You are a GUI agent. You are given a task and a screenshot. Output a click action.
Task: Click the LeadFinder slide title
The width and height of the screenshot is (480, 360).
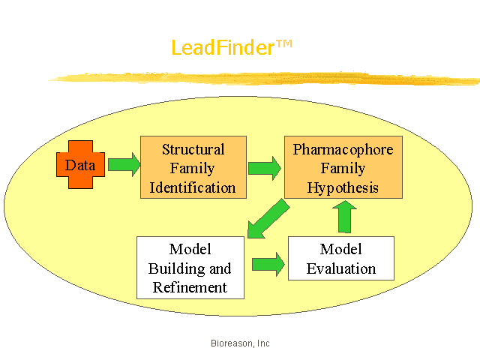[232, 48]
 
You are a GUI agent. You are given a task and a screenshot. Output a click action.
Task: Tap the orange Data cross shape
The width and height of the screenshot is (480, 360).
[80, 165]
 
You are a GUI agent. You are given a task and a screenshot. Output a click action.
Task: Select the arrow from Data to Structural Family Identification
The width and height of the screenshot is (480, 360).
[124, 165]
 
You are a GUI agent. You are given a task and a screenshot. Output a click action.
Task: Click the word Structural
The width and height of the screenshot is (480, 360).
[193, 149]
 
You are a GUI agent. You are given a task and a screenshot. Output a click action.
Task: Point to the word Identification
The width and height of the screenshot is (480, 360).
[193, 187]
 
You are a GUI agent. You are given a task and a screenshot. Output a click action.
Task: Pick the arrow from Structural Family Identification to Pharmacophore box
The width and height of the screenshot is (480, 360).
[265, 168]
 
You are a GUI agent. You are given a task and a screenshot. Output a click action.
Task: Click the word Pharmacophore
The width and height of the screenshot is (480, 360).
[343, 150]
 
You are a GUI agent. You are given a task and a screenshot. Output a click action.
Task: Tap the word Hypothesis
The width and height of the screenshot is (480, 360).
[343, 187]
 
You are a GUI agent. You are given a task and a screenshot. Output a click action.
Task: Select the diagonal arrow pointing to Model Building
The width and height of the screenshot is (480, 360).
[268, 218]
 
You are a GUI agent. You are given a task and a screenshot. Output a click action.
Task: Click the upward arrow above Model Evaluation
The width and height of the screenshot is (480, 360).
[345, 217]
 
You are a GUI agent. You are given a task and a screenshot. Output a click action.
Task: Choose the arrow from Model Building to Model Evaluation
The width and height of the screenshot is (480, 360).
[268, 264]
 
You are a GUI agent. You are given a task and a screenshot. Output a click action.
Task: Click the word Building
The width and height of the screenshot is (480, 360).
[176, 269]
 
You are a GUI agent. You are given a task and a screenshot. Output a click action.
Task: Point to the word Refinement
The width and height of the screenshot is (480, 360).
[190, 287]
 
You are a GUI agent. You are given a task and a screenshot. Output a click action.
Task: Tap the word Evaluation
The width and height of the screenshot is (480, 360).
[341, 268]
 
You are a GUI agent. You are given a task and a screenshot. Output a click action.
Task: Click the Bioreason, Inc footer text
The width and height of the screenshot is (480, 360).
[240, 343]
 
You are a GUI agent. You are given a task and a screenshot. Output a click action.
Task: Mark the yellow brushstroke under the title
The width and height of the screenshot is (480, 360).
[264, 79]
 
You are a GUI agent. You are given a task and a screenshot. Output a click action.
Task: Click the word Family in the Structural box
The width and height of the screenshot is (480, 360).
[192, 169]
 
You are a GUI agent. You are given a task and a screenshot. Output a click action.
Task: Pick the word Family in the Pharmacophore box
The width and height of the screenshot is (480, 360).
[343, 169]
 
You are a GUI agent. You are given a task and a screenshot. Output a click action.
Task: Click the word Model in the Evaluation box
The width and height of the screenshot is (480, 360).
[341, 249]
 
